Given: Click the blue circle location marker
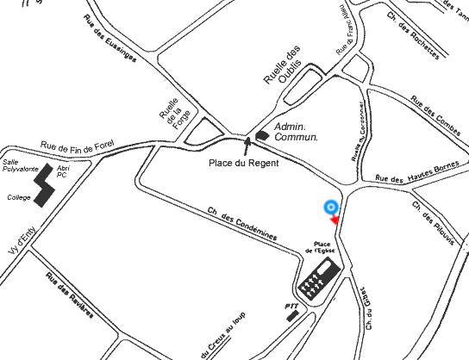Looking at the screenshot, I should [330, 207].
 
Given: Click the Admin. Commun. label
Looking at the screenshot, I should [296, 132].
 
